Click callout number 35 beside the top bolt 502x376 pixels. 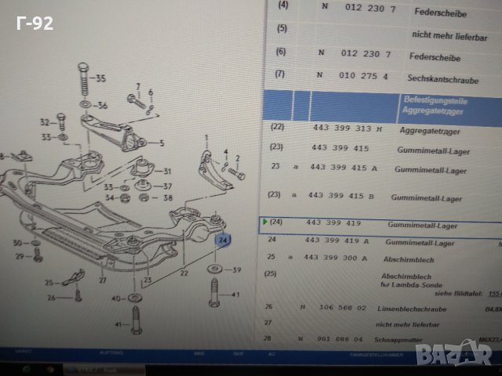[x=100, y=78]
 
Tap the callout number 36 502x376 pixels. [x=102, y=105]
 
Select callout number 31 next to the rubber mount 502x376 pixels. [x=166, y=172]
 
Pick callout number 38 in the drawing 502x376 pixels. [x=166, y=199]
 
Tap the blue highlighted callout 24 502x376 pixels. [x=223, y=239]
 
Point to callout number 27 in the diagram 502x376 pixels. [x=101, y=280]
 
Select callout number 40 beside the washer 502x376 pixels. [x=115, y=298]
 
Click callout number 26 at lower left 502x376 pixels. [x=51, y=297]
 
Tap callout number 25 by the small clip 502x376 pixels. [x=49, y=283]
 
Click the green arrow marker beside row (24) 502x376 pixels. [x=264, y=222]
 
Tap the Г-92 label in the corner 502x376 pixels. [x=35, y=23]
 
